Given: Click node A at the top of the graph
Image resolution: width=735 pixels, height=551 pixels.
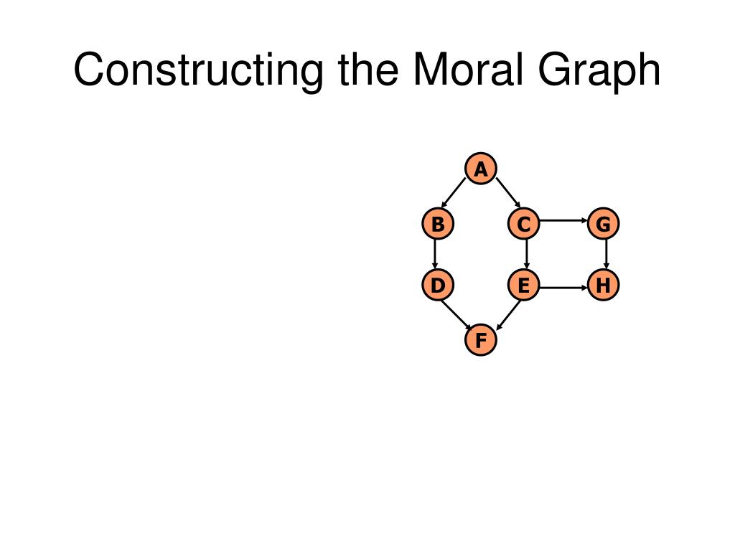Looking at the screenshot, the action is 481,169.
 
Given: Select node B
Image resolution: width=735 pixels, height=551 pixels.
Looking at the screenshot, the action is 437,225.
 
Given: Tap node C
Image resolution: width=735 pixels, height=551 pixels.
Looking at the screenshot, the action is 524,225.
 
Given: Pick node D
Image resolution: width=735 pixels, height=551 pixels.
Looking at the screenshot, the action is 437,286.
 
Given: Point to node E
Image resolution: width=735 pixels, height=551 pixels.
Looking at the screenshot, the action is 524,286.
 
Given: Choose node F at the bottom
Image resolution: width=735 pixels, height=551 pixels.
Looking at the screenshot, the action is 481,339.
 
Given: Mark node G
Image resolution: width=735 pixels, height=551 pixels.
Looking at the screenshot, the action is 603,225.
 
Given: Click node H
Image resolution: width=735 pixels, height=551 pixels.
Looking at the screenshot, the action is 603,286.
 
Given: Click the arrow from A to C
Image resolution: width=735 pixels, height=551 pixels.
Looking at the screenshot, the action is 507,193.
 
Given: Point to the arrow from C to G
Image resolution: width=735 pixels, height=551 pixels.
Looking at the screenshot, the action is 563,221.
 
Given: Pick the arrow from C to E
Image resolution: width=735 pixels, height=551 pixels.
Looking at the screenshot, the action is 528,255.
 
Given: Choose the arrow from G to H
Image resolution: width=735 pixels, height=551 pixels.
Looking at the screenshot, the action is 607,255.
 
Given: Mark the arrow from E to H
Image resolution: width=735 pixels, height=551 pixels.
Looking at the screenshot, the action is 563,288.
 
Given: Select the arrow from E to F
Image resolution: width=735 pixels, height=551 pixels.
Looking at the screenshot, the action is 506,314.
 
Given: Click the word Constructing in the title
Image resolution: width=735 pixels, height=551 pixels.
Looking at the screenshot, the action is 197,70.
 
